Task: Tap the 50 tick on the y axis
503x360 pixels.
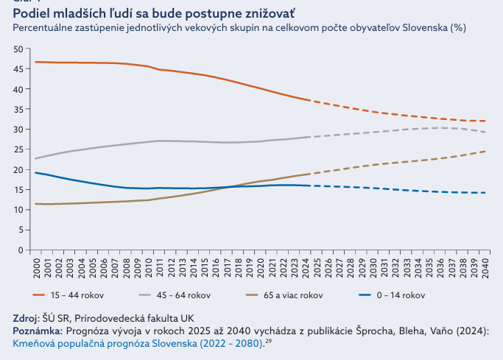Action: coord(19,49)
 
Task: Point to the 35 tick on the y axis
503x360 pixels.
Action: coord(19,109)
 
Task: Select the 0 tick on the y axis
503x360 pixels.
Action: coord(22,250)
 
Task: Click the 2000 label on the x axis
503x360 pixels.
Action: coord(35,266)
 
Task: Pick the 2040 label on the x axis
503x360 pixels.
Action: coord(484,266)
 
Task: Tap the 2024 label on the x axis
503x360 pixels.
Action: coord(304,266)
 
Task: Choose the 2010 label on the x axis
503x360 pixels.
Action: coord(147,266)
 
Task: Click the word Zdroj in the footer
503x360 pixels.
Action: coord(26,319)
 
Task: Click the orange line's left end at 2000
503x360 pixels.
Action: coord(35,62)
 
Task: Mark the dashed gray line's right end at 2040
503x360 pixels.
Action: coord(484,132)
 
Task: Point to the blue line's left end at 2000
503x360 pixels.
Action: coord(35,172)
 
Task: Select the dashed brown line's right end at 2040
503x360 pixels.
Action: coord(484,151)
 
